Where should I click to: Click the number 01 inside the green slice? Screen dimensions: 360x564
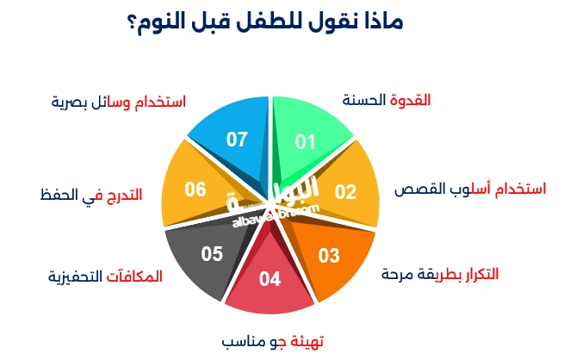(306, 142)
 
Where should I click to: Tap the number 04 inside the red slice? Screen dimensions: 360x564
(270, 279)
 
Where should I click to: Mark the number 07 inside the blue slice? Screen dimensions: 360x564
(238, 139)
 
